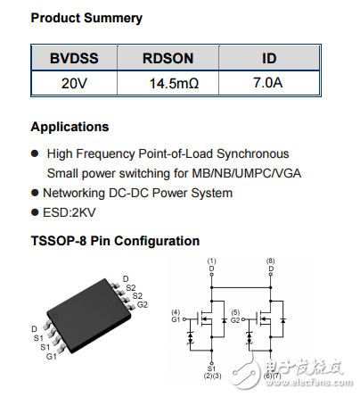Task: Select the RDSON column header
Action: pyautogui.click(x=168, y=58)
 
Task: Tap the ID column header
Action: pyautogui.click(x=268, y=58)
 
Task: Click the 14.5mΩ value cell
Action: pyautogui.click(x=168, y=86)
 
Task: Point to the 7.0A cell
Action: pyautogui.click(x=268, y=86)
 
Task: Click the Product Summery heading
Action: pyautogui.click(x=86, y=18)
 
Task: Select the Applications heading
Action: pyautogui.click(x=70, y=127)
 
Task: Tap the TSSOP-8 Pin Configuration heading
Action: pyautogui.click(x=115, y=241)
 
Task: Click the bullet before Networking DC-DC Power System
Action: pyautogui.click(x=36, y=193)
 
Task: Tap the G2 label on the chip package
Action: pyautogui.click(x=142, y=304)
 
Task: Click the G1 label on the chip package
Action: pyautogui.click(x=50, y=357)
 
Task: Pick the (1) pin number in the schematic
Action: pyautogui.click(x=211, y=261)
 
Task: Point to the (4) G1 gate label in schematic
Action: pyautogui.click(x=177, y=315)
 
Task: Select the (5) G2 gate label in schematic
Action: pyautogui.click(x=236, y=315)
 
